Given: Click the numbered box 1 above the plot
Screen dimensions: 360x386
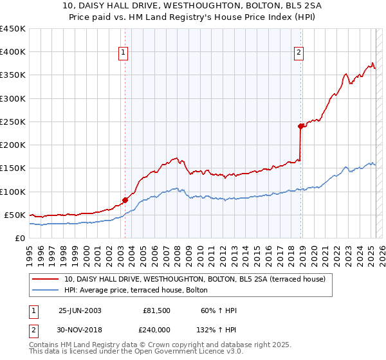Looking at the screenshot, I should click(x=123, y=53).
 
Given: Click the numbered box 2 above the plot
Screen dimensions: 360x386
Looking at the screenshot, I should click(x=299, y=53).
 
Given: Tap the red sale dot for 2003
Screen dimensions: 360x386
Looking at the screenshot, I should click(x=125, y=200).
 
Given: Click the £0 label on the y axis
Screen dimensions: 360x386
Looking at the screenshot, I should click(x=19, y=238).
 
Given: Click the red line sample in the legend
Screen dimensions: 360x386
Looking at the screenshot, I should click(x=46, y=280).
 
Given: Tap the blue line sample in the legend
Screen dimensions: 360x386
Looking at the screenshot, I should click(x=46, y=291).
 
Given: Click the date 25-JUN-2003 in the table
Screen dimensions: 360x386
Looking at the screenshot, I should click(x=80, y=310).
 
